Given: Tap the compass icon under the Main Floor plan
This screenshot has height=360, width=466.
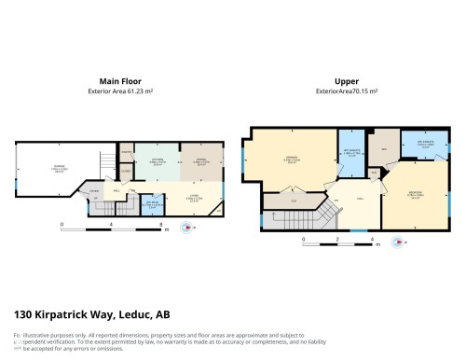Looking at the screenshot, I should coord(193,225).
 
